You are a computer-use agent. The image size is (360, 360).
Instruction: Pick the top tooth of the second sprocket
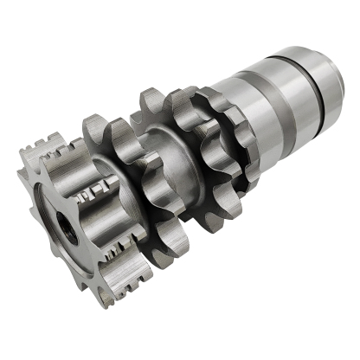tap(97, 124)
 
